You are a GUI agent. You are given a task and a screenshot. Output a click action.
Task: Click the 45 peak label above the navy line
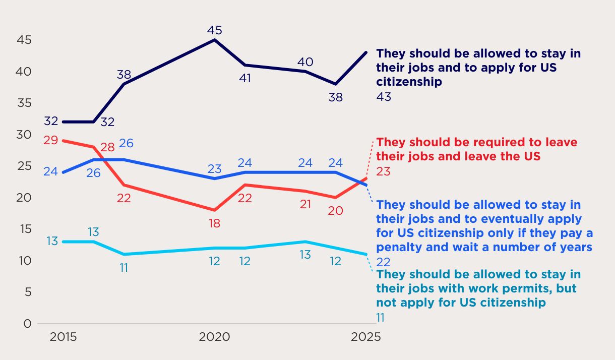pyautogui.click(x=215, y=30)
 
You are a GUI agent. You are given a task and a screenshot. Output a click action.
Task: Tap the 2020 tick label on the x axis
pyautogui.click(x=215, y=337)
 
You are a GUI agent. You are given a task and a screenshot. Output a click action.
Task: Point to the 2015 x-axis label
pyautogui.click(x=63, y=337)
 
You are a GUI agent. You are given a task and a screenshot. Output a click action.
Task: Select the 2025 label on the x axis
pyautogui.click(x=365, y=337)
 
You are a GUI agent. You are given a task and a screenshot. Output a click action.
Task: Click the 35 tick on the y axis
pyautogui.click(x=23, y=103)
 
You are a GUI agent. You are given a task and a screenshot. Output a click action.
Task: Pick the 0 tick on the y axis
pyautogui.click(x=27, y=324)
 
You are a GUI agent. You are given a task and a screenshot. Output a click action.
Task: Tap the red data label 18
pyautogui.click(x=215, y=223)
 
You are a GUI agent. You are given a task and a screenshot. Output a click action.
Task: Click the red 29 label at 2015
pyautogui.click(x=50, y=140)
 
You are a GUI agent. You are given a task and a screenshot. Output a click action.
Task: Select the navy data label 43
pyautogui.click(x=384, y=97)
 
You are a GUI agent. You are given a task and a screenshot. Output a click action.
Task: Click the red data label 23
pyautogui.click(x=384, y=172)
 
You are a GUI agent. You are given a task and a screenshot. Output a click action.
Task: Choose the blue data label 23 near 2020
pyautogui.click(x=215, y=169)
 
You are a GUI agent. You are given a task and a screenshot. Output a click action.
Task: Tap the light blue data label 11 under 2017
pyautogui.click(x=124, y=268)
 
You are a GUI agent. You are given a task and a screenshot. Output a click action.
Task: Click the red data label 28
pyautogui.click(x=107, y=148)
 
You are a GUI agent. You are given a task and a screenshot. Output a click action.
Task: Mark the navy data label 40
pyautogui.click(x=305, y=62)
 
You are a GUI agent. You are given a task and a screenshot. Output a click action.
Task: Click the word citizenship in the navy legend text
pyautogui.click(x=409, y=82)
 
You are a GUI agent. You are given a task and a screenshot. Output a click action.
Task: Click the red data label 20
pyautogui.click(x=335, y=211)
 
